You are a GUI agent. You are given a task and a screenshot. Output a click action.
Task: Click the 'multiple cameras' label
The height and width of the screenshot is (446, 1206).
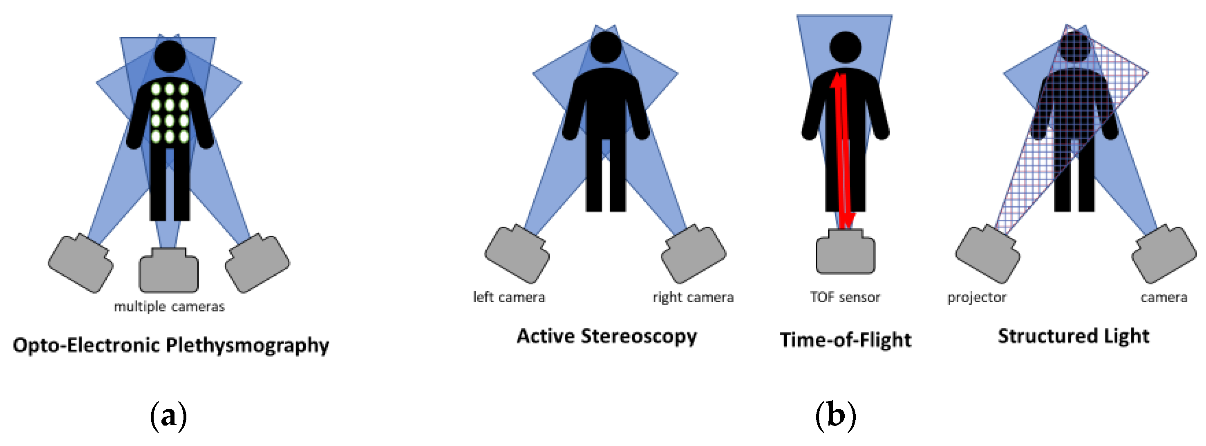(x=169, y=307)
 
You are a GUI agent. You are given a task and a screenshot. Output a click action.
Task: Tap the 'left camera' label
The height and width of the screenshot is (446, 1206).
(x=509, y=297)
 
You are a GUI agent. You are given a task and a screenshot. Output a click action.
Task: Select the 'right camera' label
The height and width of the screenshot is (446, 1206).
(x=693, y=297)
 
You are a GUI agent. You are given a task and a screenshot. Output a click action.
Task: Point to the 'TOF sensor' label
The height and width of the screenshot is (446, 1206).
(x=845, y=297)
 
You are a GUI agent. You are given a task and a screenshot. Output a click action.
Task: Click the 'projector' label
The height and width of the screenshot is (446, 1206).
(x=977, y=298)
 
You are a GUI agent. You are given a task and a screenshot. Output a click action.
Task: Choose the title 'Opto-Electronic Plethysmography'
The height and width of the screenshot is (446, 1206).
(x=171, y=346)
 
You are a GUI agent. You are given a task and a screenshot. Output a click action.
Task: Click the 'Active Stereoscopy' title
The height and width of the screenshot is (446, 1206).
(x=607, y=337)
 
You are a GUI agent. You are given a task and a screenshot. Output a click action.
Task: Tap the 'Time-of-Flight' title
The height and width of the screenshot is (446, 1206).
(x=846, y=340)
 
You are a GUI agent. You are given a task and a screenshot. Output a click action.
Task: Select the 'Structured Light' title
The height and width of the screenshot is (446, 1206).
(x=1074, y=336)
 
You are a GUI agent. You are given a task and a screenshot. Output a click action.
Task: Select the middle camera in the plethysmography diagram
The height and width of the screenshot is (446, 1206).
(x=168, y=270)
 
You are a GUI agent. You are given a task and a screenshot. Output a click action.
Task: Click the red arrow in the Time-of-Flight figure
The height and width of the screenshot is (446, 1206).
(x=841, y=150)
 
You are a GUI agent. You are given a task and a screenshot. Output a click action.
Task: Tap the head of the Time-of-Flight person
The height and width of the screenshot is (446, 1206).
(x=845, y=47)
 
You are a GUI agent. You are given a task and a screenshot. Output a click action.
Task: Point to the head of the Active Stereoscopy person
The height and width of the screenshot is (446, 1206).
(x=606, y=47)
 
